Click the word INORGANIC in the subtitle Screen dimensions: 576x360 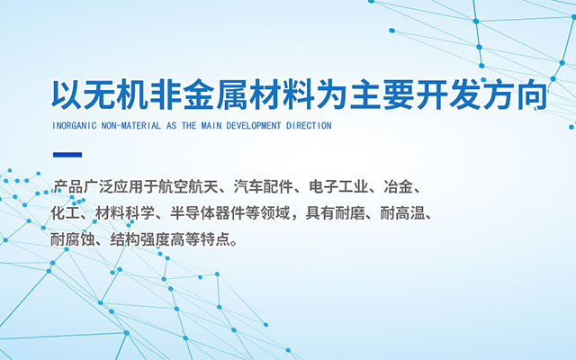74,126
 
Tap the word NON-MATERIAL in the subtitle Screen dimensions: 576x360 131,126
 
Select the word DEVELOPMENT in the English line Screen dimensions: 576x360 254,126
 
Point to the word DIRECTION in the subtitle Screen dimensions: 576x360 309,126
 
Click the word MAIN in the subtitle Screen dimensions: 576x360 211,126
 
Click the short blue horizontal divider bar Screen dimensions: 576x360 67,155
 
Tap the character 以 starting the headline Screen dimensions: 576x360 67,94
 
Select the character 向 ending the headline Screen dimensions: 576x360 532,94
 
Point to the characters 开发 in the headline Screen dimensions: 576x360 449,94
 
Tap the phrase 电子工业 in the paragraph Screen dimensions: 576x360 338,187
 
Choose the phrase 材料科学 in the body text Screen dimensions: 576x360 125,213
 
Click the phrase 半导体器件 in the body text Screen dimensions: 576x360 208,213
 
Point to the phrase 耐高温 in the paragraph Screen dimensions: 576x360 402,213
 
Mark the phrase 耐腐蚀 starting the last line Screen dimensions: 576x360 73,240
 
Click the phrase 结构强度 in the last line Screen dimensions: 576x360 139,240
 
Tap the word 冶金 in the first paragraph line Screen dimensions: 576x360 399,187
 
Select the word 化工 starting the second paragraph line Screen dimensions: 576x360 66,213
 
